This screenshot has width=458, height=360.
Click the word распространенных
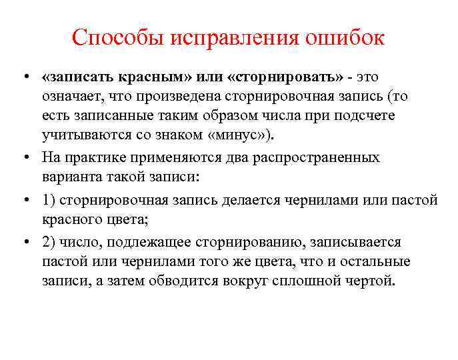[x=319, y=158]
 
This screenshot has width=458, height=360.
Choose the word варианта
[x=71, y=177]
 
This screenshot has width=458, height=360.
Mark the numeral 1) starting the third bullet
[x=49, y=200]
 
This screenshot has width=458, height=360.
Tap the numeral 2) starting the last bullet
[x=49, y=242]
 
